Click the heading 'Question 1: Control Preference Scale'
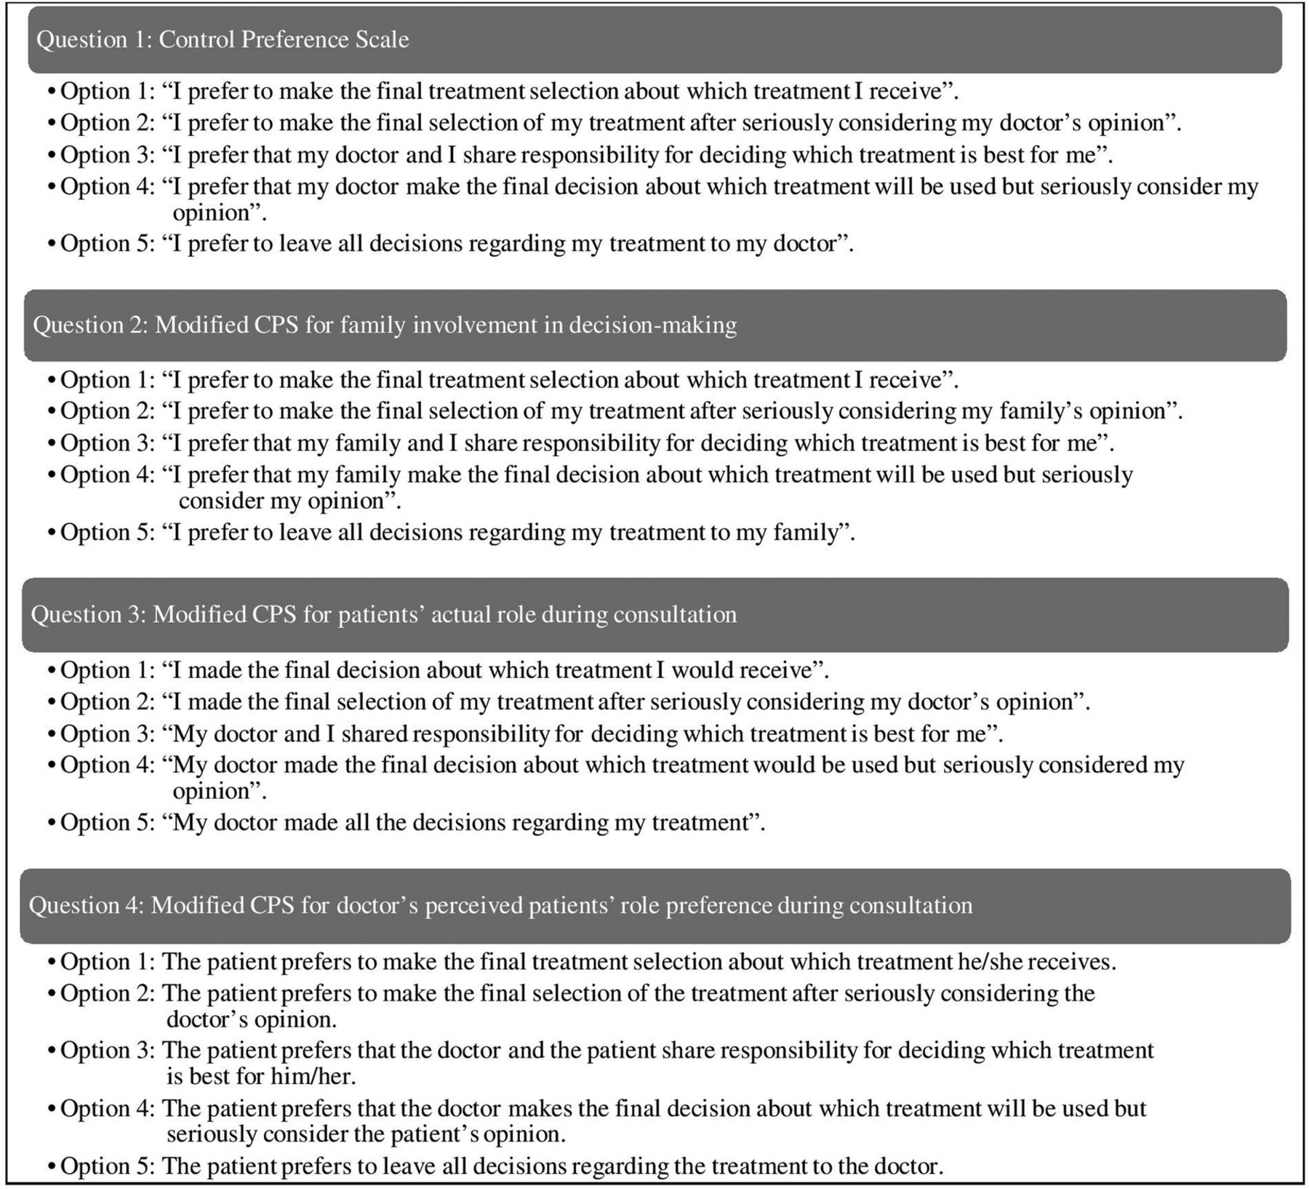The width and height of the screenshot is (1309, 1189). pos(223,39)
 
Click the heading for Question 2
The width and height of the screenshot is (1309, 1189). pos(385,325)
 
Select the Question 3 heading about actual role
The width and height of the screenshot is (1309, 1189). pos(383,615)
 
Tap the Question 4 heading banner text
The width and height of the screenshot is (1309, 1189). pos(500,905)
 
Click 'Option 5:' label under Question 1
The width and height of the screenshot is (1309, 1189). pos(107,243)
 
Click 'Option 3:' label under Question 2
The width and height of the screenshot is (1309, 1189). pos(107,443)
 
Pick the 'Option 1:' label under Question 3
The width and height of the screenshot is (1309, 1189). pos(107,669)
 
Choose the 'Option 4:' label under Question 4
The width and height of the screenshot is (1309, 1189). pos(107,1108)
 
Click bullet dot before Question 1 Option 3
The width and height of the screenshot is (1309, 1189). pos(51,156)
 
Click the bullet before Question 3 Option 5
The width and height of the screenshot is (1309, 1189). pos(51,823)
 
